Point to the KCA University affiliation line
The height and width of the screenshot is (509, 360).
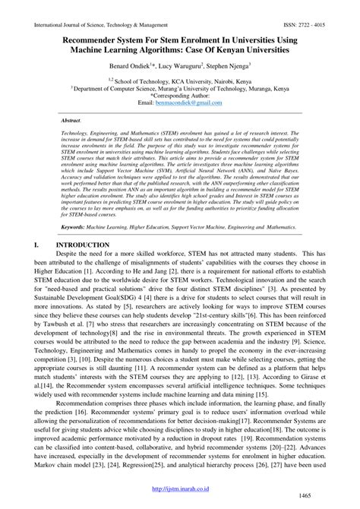(x=179, y=79)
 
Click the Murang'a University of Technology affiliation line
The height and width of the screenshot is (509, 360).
(x=179, y=87)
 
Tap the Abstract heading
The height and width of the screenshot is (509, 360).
(x=71, y=120)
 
